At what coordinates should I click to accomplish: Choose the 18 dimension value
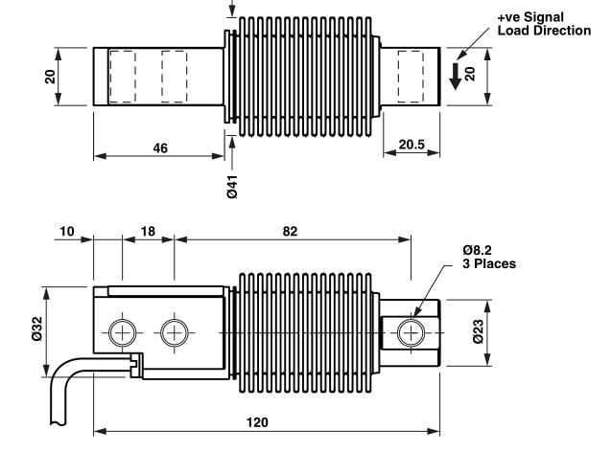(148, 231)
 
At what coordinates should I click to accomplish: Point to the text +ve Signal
(531, 17)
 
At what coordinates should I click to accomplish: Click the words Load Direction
(544, 30)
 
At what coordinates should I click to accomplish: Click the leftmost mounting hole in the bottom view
(122, 332)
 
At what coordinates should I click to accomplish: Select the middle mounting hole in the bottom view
(174, 332)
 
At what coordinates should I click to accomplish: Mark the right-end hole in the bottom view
(412, 332)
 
